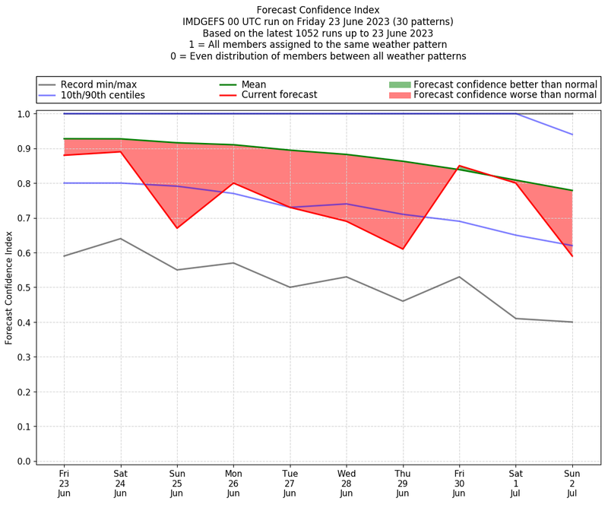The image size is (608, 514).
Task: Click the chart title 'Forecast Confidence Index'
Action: coord(318,10)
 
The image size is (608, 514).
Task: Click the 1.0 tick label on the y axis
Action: coord(24,114)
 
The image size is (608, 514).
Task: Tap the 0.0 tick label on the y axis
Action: coord(24,462)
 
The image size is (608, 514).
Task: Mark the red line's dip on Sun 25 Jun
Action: coord(177,228)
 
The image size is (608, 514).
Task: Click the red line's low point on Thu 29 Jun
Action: coord(403,249)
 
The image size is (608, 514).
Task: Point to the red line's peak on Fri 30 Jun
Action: coord(459,166)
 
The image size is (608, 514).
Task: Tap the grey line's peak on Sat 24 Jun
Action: coord(120,239)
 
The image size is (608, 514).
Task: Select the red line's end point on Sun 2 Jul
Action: coord(572,256)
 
